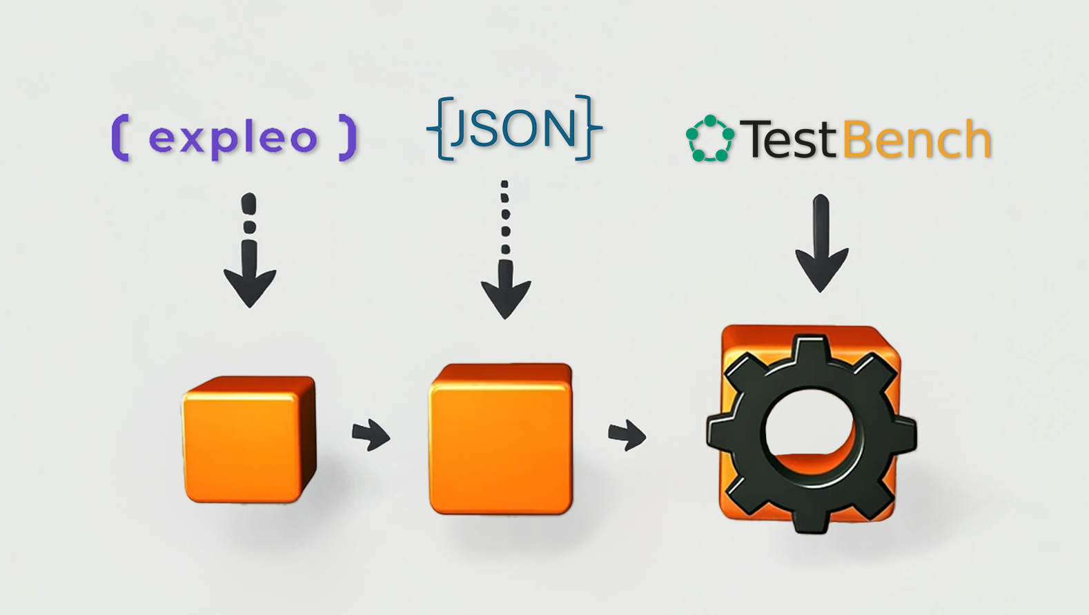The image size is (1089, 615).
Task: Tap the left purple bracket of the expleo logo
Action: [120, 138]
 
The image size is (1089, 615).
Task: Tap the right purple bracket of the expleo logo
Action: [348, 138]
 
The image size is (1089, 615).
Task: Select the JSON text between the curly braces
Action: [513, 128]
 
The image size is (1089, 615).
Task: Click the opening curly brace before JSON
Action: [440, 128]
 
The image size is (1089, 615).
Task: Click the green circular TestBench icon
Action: [710, 139]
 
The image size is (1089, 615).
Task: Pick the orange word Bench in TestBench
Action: [917, 139]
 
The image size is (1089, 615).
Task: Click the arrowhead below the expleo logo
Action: [250, 288]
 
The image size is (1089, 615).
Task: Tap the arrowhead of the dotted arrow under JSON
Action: [506, 297]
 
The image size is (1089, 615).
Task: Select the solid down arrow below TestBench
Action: [822, 243]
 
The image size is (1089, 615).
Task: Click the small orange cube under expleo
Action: [249, 439]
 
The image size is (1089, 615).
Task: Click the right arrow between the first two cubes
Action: [371, 435]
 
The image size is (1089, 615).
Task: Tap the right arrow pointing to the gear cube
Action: [627, 435]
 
